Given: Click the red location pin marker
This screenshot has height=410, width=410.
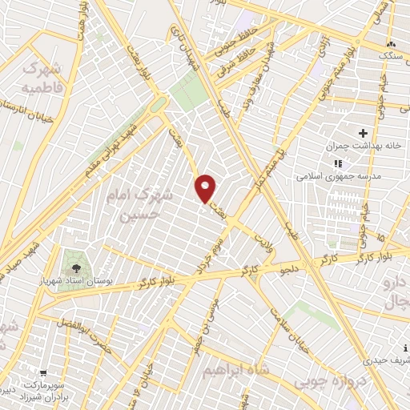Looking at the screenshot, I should click(206, 188).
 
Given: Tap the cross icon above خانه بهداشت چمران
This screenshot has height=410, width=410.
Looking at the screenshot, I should click(363, 133).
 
